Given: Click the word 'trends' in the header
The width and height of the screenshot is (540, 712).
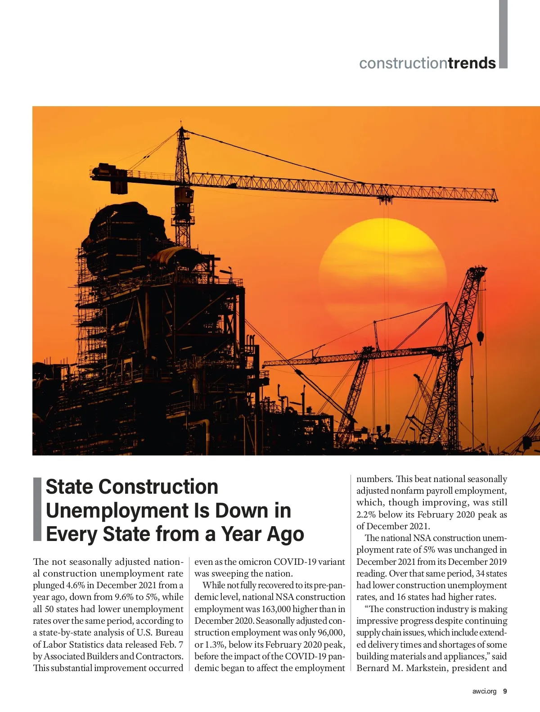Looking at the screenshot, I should [x=472, y=63].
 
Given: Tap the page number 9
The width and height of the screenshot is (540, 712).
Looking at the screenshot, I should [x=505, y=691].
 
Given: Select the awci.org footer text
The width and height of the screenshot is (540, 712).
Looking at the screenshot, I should [x=484, y=691].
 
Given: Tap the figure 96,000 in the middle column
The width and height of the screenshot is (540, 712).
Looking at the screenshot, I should [x=331, y=632].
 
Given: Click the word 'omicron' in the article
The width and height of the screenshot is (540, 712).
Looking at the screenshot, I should [x=255, y=562].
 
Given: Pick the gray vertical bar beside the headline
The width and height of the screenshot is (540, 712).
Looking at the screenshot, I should [x=38, y=509].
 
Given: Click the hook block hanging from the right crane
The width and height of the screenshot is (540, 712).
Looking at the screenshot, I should [x=480, y=337].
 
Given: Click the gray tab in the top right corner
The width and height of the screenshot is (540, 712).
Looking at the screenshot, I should [x=503, y=34].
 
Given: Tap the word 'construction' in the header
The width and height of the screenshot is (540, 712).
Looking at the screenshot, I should [x=403, y=63].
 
